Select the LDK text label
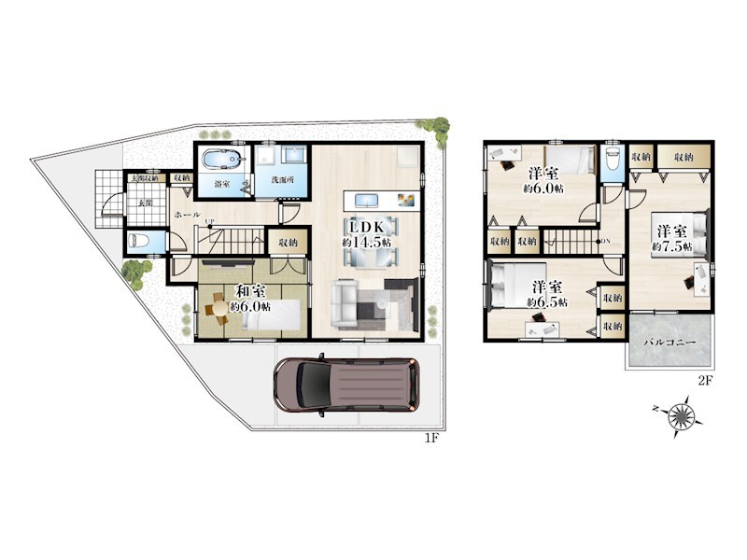click(366, 227)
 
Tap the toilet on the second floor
click(613, 159)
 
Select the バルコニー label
click(669, 343)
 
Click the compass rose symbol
click(684, 414)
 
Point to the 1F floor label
click(432, 438)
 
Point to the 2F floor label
click(705, 381)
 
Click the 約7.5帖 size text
click(671, 245)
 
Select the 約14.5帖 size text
click(366, 243)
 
